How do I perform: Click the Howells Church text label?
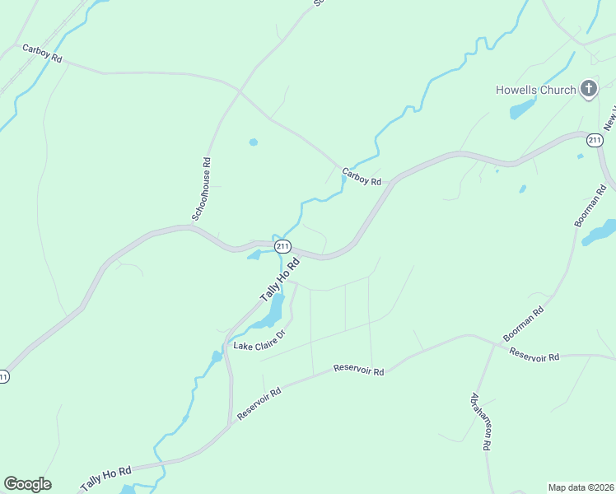(535, 90)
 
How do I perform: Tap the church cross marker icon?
(588, 89)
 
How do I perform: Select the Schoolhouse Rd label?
(202, 189)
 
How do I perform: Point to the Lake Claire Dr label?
(259, 340)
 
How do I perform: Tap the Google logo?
(27, 484)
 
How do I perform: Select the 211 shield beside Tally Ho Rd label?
(282, 246)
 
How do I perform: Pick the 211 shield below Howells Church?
(595, 141)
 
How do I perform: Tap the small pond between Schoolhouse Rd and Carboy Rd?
(253, 142)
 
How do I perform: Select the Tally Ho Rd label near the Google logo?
(105, 477)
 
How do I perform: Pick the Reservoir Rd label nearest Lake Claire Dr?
(359, 370)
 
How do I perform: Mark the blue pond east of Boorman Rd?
(599, 232)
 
